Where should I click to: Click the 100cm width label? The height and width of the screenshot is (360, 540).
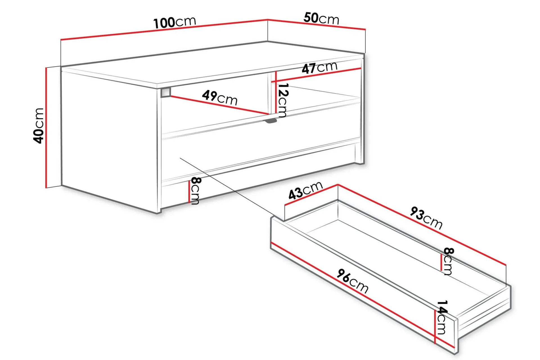pyautogui.click(x=175, y=22)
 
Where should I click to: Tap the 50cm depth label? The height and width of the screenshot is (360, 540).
pyautogui.click(x=321, y=18)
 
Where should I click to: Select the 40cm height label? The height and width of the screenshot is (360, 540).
pyautogui.click(x=39, y=125)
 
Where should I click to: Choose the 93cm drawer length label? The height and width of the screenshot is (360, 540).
pyautogui.click(x=426, y=218)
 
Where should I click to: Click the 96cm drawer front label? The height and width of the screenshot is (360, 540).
pyautogui.click(x=353, y=281)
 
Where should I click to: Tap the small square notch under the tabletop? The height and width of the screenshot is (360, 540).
pyautogui.click(x=166, y=92)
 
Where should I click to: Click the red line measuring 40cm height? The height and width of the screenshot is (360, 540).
pyautogui.click(x=46, y=127)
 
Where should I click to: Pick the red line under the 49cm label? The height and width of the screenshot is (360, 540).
pyautogui.click(x=219, y=105)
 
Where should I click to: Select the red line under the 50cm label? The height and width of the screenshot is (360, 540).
pyautogui.click(x=316, y=24)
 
